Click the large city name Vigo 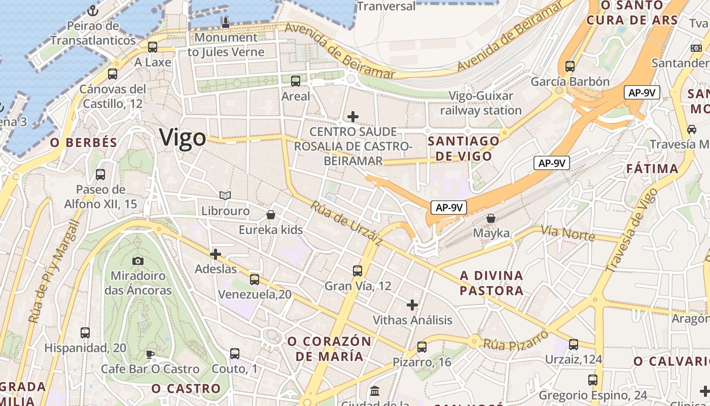coord(183,138)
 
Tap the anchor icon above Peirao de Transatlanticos coord(92,10)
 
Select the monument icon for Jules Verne coord(226,22)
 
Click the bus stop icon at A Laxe coord(153,47)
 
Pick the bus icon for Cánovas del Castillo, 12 coord(113,74)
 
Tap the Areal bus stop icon coord(296,81)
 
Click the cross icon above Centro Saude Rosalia coord(353,117)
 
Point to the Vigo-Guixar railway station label coord(480,103)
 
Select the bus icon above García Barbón coord(570,66)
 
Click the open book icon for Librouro coord(225,195)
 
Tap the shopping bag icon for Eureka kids coord(271,215)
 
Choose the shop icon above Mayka coord(491,218)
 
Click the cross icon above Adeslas coord(216,254)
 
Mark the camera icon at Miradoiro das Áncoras coord(137,261)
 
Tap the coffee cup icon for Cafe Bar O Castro coord(150,354)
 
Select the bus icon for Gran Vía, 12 coord(358,270)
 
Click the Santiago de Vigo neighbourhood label coord(464,148)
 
